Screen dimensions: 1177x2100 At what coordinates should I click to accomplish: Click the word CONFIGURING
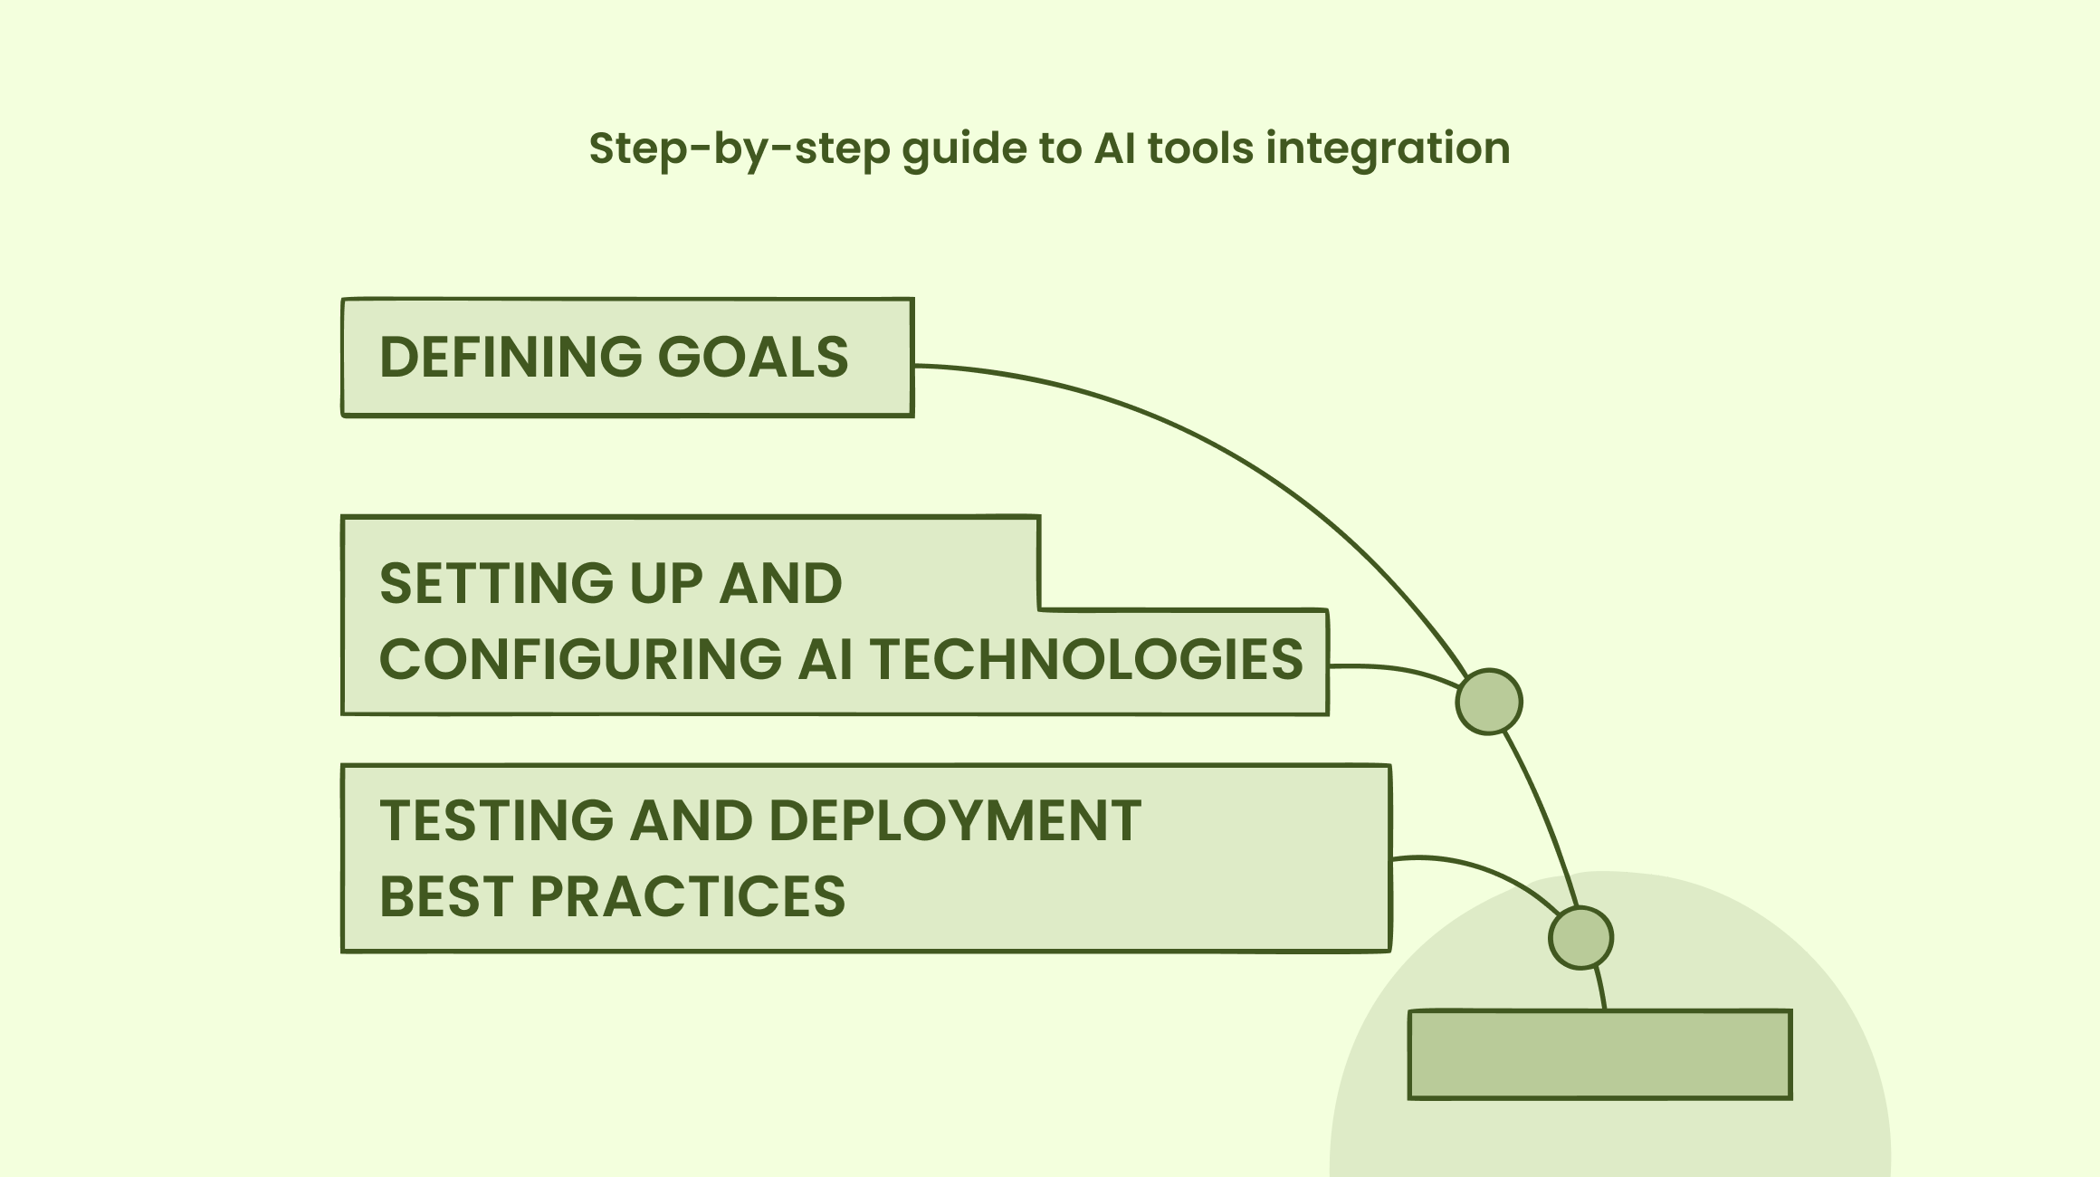coord(579,659)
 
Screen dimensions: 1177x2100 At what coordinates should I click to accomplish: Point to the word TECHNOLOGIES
coord(1087,659)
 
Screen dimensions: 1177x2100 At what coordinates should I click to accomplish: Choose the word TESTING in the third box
coord(496,821)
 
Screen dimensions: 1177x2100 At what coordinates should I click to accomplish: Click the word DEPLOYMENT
coord(955,821)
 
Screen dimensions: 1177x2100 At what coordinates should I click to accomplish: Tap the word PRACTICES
coord(687,896)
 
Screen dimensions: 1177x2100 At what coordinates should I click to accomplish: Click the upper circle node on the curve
coord(1488,702)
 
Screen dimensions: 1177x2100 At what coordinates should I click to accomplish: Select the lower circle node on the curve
coord(1580,938)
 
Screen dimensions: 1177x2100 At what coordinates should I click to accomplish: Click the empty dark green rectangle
coord(1599,1055)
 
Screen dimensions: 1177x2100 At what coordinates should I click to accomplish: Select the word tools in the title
coord(1199,148)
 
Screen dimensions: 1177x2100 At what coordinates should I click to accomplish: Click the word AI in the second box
coord(825,659)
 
